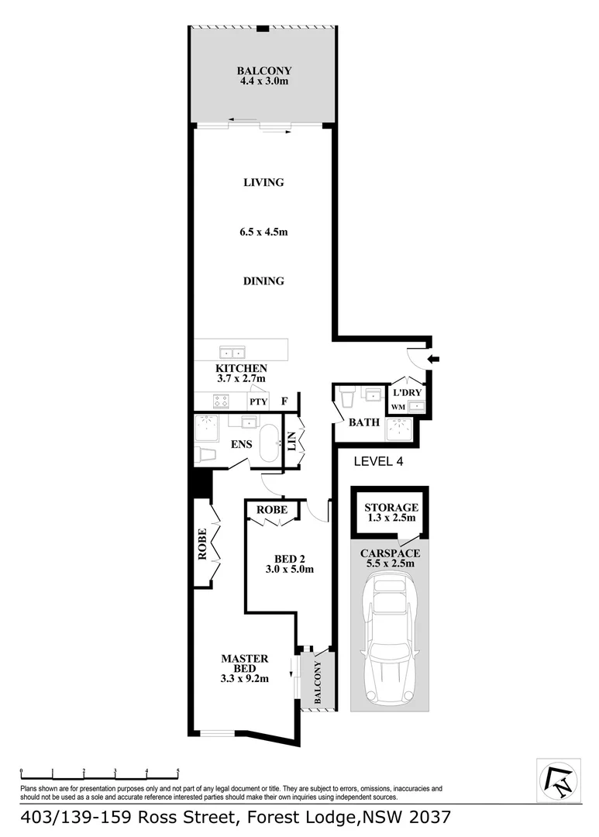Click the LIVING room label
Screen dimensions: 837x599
point(263,183)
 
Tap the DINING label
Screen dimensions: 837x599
point(263,281)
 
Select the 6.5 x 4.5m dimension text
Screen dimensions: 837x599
point(263,232)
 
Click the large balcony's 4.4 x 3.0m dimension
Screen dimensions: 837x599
point(263,81)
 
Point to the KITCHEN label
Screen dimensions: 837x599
point(241,368)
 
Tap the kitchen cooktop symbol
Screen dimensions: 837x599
point(221,401)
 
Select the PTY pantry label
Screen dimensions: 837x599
point(257,402)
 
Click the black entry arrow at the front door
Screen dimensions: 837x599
point(433,359)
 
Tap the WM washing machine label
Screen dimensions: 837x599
point(398,407)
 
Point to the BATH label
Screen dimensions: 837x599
point(363,423)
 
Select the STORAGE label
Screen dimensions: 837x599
point(391,508)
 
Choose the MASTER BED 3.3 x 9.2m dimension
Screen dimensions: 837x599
point(244,680)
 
